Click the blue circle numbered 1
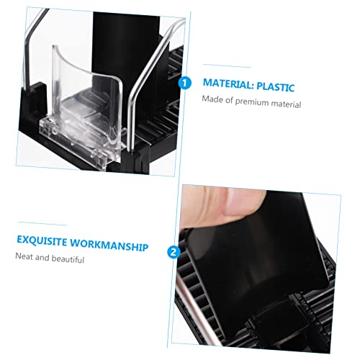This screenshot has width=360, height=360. [184, 83]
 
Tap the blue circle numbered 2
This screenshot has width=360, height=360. [174, 252]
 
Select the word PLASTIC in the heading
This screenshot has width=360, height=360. [276, 86]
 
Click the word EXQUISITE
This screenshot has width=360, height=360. [42, 240]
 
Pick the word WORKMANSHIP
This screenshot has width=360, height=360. [109, 246]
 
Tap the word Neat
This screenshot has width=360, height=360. [24, 256]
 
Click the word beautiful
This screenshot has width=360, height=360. [68, 259]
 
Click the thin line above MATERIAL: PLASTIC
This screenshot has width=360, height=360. [227, 66]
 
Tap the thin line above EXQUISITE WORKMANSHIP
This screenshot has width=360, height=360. [42, 224]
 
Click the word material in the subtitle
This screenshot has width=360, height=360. [286, 104]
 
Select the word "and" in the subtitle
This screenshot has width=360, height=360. [42, 258]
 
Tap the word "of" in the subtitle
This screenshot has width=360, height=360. [229, 100]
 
